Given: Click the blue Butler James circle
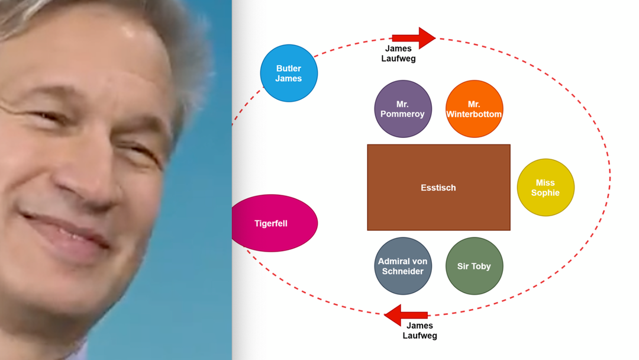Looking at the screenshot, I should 289,73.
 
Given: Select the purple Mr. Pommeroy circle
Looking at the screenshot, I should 403,109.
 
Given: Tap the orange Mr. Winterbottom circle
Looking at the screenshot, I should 474,109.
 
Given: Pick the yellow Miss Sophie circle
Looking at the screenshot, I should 546,187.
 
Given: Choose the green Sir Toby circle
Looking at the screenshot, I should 474,266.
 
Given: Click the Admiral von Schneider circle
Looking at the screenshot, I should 403,266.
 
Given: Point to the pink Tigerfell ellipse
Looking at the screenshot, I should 273,223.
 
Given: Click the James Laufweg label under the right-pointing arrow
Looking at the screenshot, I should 398,53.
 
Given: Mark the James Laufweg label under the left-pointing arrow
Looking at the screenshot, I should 419,330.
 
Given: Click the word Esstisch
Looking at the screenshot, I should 438,188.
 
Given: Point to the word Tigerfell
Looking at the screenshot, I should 271,223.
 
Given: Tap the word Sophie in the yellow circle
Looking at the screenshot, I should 546,192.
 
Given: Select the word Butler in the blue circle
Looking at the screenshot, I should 289,68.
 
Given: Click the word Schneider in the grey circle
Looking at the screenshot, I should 403,271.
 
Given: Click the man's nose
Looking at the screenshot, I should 89,184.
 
